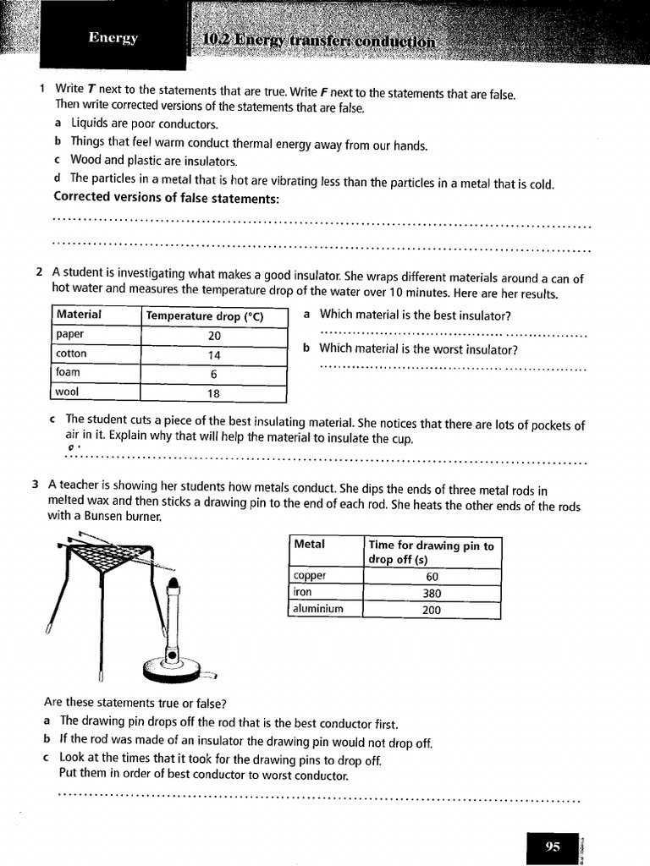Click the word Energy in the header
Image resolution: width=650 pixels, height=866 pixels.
(x=113, y=37)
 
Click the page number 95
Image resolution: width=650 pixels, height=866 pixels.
(x=553, y=846)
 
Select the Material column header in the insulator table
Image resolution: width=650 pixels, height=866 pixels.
(x=79, y=315)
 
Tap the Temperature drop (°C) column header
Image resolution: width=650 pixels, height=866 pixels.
(x=205, y=316)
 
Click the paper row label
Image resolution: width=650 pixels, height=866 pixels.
(x=70, y=334)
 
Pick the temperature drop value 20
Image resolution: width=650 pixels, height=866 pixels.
(x=213, y=336)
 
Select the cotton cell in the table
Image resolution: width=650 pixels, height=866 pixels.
(x=71, y=354)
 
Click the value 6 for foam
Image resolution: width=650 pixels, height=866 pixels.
(x=213, y=374)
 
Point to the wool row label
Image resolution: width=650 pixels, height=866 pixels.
(x=67, y=392)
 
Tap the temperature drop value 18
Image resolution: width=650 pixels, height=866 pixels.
(x=213, y=393)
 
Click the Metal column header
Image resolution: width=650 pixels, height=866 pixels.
(x=309, y=545)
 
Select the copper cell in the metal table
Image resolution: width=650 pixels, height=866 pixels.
(x=309, y=576)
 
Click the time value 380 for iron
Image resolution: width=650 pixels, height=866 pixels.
(x=432, y=593)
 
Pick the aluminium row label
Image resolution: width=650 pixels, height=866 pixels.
(x=318, y=609)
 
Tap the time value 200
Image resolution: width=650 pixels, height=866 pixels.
(x=432, y=609)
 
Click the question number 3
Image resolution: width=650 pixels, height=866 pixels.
(x=36, y=485)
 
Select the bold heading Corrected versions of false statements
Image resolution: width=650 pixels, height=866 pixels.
(x=166, y=198)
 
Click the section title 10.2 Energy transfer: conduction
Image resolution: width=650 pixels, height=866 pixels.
(x=320, y=41)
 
